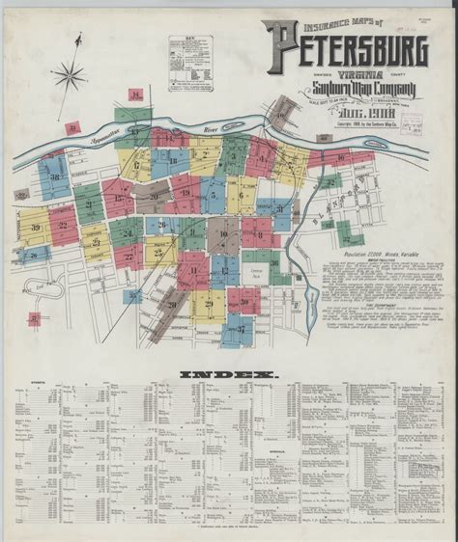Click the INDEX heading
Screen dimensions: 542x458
click(228, 373)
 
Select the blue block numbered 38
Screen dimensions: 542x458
click(55, 177)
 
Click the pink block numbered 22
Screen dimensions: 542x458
click(63, 226)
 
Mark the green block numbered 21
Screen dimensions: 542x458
click(89, 203)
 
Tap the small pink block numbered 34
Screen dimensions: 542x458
click(135, 95)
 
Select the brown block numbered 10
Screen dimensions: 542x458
click(223, 234)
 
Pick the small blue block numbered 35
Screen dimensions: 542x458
click(132, 296)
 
